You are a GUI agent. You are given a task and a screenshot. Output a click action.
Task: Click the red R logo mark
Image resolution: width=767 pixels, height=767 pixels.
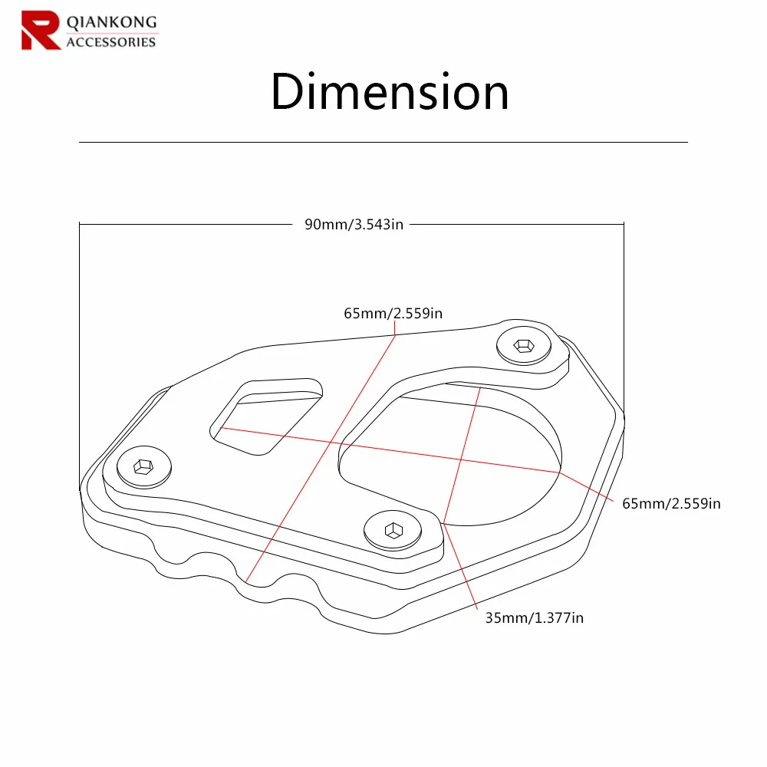pyautogui.click(x=41, y=31)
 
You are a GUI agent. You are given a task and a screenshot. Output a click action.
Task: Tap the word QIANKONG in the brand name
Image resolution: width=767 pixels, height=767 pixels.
pyautogui.click(x=111, y=22)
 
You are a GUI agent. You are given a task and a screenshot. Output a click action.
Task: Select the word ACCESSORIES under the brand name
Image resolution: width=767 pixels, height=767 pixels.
pyautogui.click(x=111, y=42)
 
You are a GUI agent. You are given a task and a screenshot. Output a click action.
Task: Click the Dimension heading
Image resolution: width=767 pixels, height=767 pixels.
pyautogui.click(x=390, y=91)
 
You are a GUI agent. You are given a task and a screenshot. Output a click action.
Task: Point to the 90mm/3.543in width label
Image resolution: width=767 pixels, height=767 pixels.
pyautogui.click(x=354, y=224)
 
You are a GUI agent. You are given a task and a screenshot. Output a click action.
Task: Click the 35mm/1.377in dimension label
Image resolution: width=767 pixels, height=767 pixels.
pyautogui.click(x=534, y=617)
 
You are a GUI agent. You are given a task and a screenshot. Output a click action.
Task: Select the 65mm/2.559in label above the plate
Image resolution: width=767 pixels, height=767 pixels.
pyautogui.click(x=393, y=313)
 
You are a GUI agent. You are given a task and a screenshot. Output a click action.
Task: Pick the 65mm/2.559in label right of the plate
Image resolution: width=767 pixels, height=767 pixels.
pyautogui.click(x=671, y=503)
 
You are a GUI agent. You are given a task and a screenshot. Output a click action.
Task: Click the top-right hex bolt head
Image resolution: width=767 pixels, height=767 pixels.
pyautogui.click(x=523, y=345)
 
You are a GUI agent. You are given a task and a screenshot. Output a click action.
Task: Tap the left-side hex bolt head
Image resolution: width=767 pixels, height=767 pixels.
pyautogui.click(x=144, y=466)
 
